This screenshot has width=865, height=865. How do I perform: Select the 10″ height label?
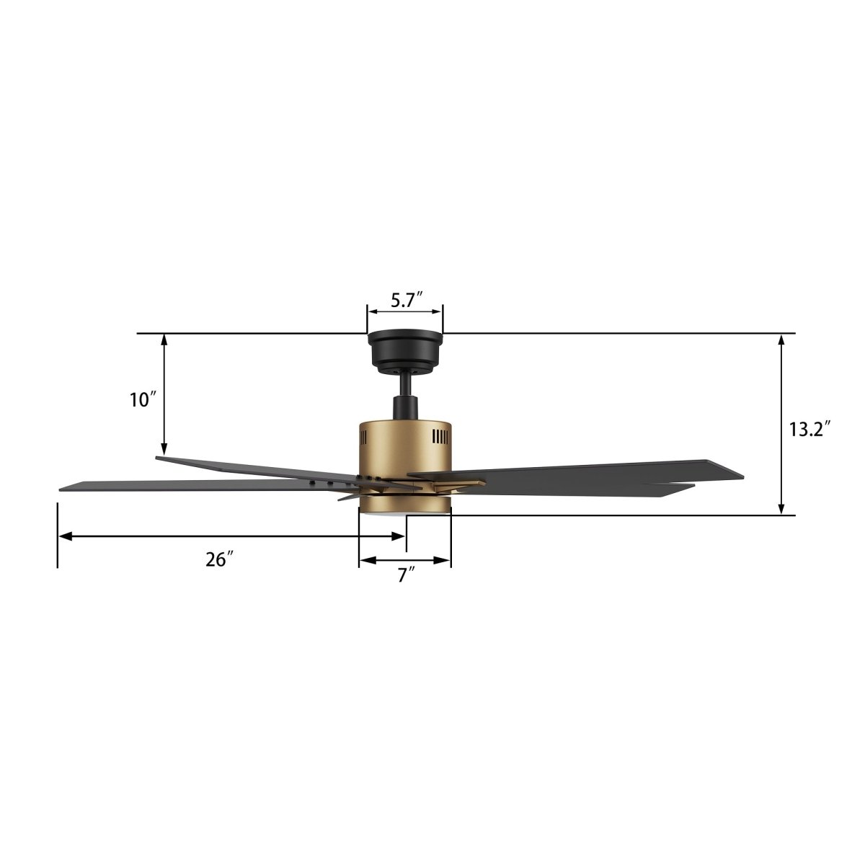(143, 400)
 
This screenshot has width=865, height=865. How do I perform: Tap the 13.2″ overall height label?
(809, 430)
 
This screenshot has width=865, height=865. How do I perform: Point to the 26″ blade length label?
(219, 559)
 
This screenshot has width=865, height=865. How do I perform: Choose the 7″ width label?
(406, 575)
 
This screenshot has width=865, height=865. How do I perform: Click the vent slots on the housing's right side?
(440, 438)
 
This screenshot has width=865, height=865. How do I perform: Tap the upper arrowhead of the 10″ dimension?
(165, 339)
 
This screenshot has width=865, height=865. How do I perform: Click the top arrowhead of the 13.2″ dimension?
(781, 339)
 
